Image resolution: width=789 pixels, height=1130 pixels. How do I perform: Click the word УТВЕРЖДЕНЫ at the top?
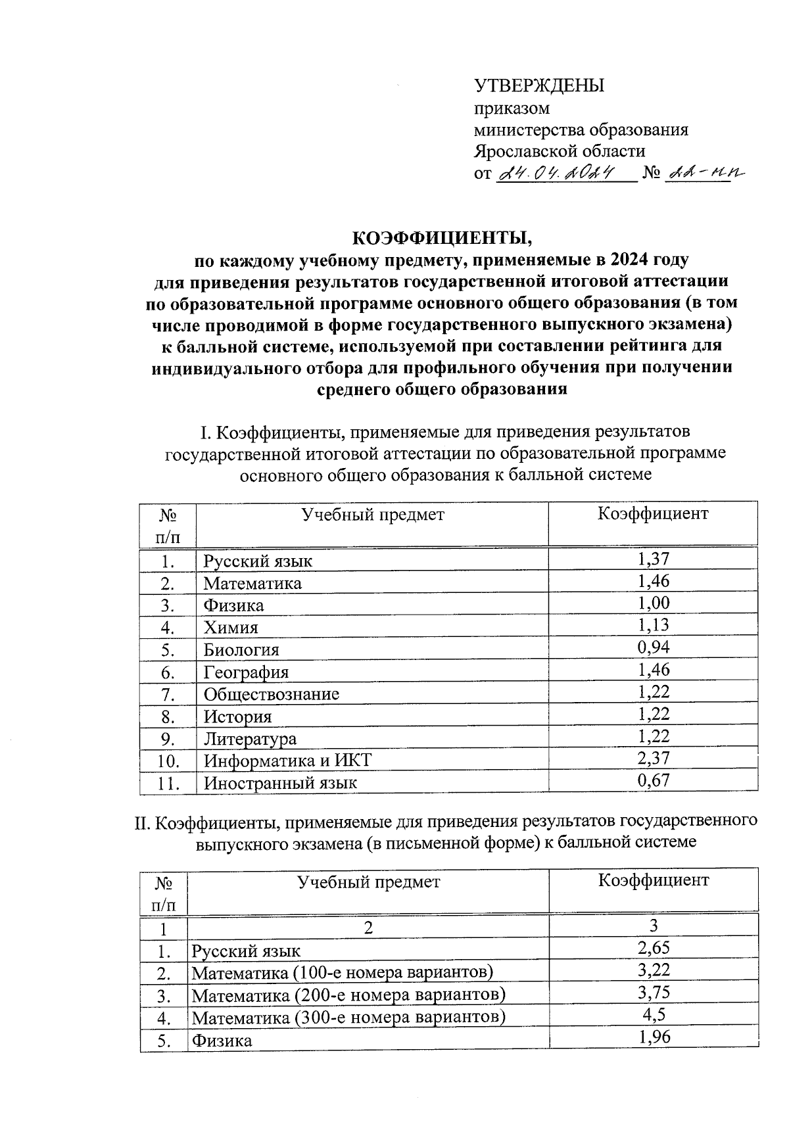539,85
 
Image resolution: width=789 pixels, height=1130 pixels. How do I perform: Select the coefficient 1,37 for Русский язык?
653,559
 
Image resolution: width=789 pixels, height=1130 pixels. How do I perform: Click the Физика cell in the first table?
233,605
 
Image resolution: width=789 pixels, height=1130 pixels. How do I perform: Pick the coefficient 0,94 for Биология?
653,648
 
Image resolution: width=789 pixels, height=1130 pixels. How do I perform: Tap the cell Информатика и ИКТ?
287,761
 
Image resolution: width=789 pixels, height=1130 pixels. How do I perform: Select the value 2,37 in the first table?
653,759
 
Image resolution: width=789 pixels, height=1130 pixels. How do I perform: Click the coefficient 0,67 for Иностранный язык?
653,781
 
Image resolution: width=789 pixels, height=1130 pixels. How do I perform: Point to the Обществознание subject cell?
271,694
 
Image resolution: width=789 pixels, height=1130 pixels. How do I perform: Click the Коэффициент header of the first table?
652,513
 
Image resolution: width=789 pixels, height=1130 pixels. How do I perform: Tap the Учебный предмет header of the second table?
368,882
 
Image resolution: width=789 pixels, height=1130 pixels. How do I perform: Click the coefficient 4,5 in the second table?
653,1015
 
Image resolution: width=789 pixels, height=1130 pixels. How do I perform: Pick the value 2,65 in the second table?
653,948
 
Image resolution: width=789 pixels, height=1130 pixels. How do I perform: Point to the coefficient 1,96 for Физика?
653,1037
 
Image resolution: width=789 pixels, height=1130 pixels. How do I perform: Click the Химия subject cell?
230,628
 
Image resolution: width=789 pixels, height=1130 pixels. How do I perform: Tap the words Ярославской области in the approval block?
560,151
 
